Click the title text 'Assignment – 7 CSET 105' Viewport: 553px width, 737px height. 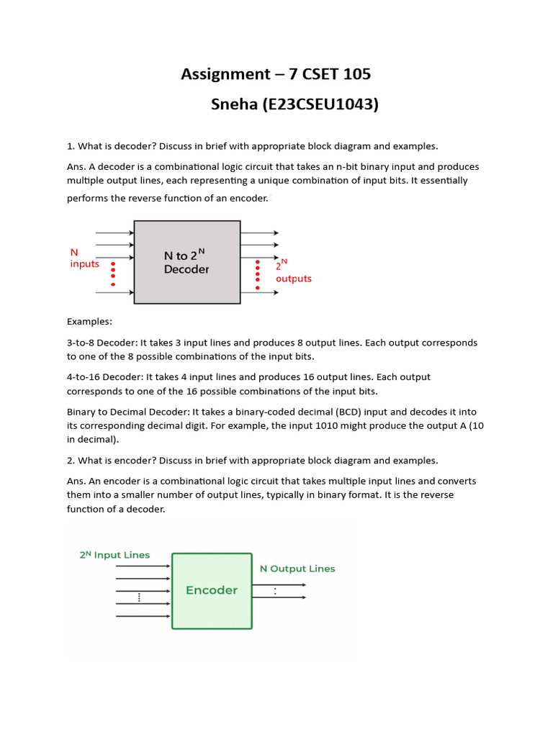(276, 74)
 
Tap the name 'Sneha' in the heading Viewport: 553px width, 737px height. (234, 105)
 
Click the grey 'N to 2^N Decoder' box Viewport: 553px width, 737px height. (187, 262)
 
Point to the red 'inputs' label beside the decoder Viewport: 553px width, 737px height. (84, 264)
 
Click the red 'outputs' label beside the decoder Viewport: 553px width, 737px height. (294, 279)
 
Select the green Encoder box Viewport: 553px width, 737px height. (212, 590)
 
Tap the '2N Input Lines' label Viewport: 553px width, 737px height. (114, 555)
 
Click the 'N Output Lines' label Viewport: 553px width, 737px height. (297, 569)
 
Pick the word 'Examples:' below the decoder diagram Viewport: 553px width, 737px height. (90, 321)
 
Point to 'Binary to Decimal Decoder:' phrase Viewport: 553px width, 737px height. (127, 412)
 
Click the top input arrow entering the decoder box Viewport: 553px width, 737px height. (114, 233)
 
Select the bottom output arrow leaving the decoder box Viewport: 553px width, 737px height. (259, 292)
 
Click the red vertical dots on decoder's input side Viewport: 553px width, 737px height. (113, 273)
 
